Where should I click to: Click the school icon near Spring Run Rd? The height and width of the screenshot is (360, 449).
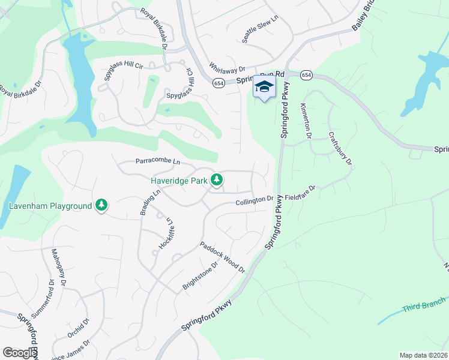tap(264, 86)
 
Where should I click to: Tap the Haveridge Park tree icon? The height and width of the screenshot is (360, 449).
tap(217, 179)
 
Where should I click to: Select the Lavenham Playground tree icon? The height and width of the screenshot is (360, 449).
tap(101, 206)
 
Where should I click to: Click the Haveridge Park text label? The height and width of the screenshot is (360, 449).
tap(178, 179)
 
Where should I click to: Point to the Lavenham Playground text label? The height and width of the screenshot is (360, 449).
tap(50, 206)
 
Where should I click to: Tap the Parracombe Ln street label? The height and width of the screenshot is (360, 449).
tap(157, 161)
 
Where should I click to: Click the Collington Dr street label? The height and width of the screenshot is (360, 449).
tap(254, 200)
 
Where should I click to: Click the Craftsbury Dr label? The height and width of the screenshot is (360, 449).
tap(340, 149)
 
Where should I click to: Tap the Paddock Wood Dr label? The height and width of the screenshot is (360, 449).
tap(223, 257)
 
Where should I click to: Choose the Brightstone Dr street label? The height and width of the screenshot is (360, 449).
tap(202, 275)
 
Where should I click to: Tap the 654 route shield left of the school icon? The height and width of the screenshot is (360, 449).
tap(218, 83)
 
